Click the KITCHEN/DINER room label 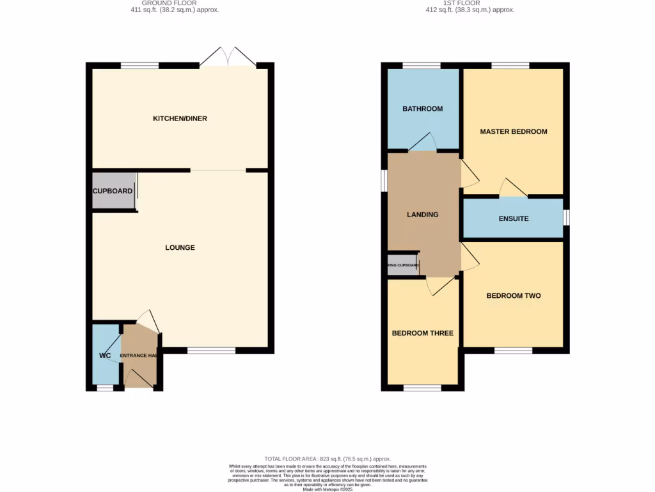pyautogui.click(x=180, y=119)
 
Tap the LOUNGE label pyautogui.click(x=180, y=247)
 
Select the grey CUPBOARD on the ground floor pyautogui.click(x=113, y=191)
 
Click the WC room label pyautogui.click(x=105, y=356)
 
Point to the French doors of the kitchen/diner pyautogui.click(x=227, y=58)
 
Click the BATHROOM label pyautogui.click(x=422, y=109)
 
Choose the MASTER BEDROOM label pyautogui.click(x=514, y=131)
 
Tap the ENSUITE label pyautogui.click(x=514, y=218)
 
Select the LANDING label pyautogui.click(x=423, y=215)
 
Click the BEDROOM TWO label pyautogui.click(x=514, y=295)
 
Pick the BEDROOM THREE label pyautogui.click(x=422, y=333)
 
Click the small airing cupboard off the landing pyautogui.click(x=402, y=265)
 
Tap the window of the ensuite pyautogui.click(x=566, y=218)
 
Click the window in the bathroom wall pyautogui.click(x=421, y=65)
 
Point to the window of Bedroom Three pyautogui.click(x=422, y=388)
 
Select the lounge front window pyautogui.click(x=211, y=350)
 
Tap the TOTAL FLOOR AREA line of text pyautogui.click(x=327, y=459)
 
